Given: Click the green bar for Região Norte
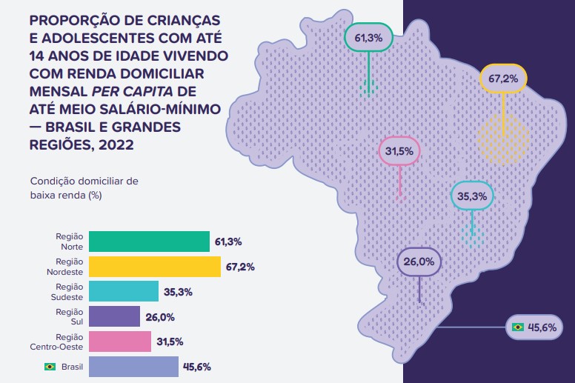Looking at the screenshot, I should coord(149,242).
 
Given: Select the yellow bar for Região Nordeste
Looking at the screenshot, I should coord(154,267).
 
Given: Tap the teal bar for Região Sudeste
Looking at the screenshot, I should coord(123,291).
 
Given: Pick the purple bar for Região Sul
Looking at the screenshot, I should coord(114,316).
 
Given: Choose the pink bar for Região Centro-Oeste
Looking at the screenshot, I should coord(119,342).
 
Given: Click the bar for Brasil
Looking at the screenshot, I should coord(133,366).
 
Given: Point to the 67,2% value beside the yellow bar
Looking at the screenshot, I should coord(239,267).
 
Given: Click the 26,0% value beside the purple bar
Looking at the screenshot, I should coord(159,317).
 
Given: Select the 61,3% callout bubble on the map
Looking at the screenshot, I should coord(368,37).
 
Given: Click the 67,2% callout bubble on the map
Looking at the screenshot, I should coord(503,78).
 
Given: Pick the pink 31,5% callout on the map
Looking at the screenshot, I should coord(399,152).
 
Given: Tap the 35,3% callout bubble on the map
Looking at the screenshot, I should coord(472,196).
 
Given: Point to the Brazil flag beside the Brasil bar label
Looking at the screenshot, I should coord(50,367).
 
